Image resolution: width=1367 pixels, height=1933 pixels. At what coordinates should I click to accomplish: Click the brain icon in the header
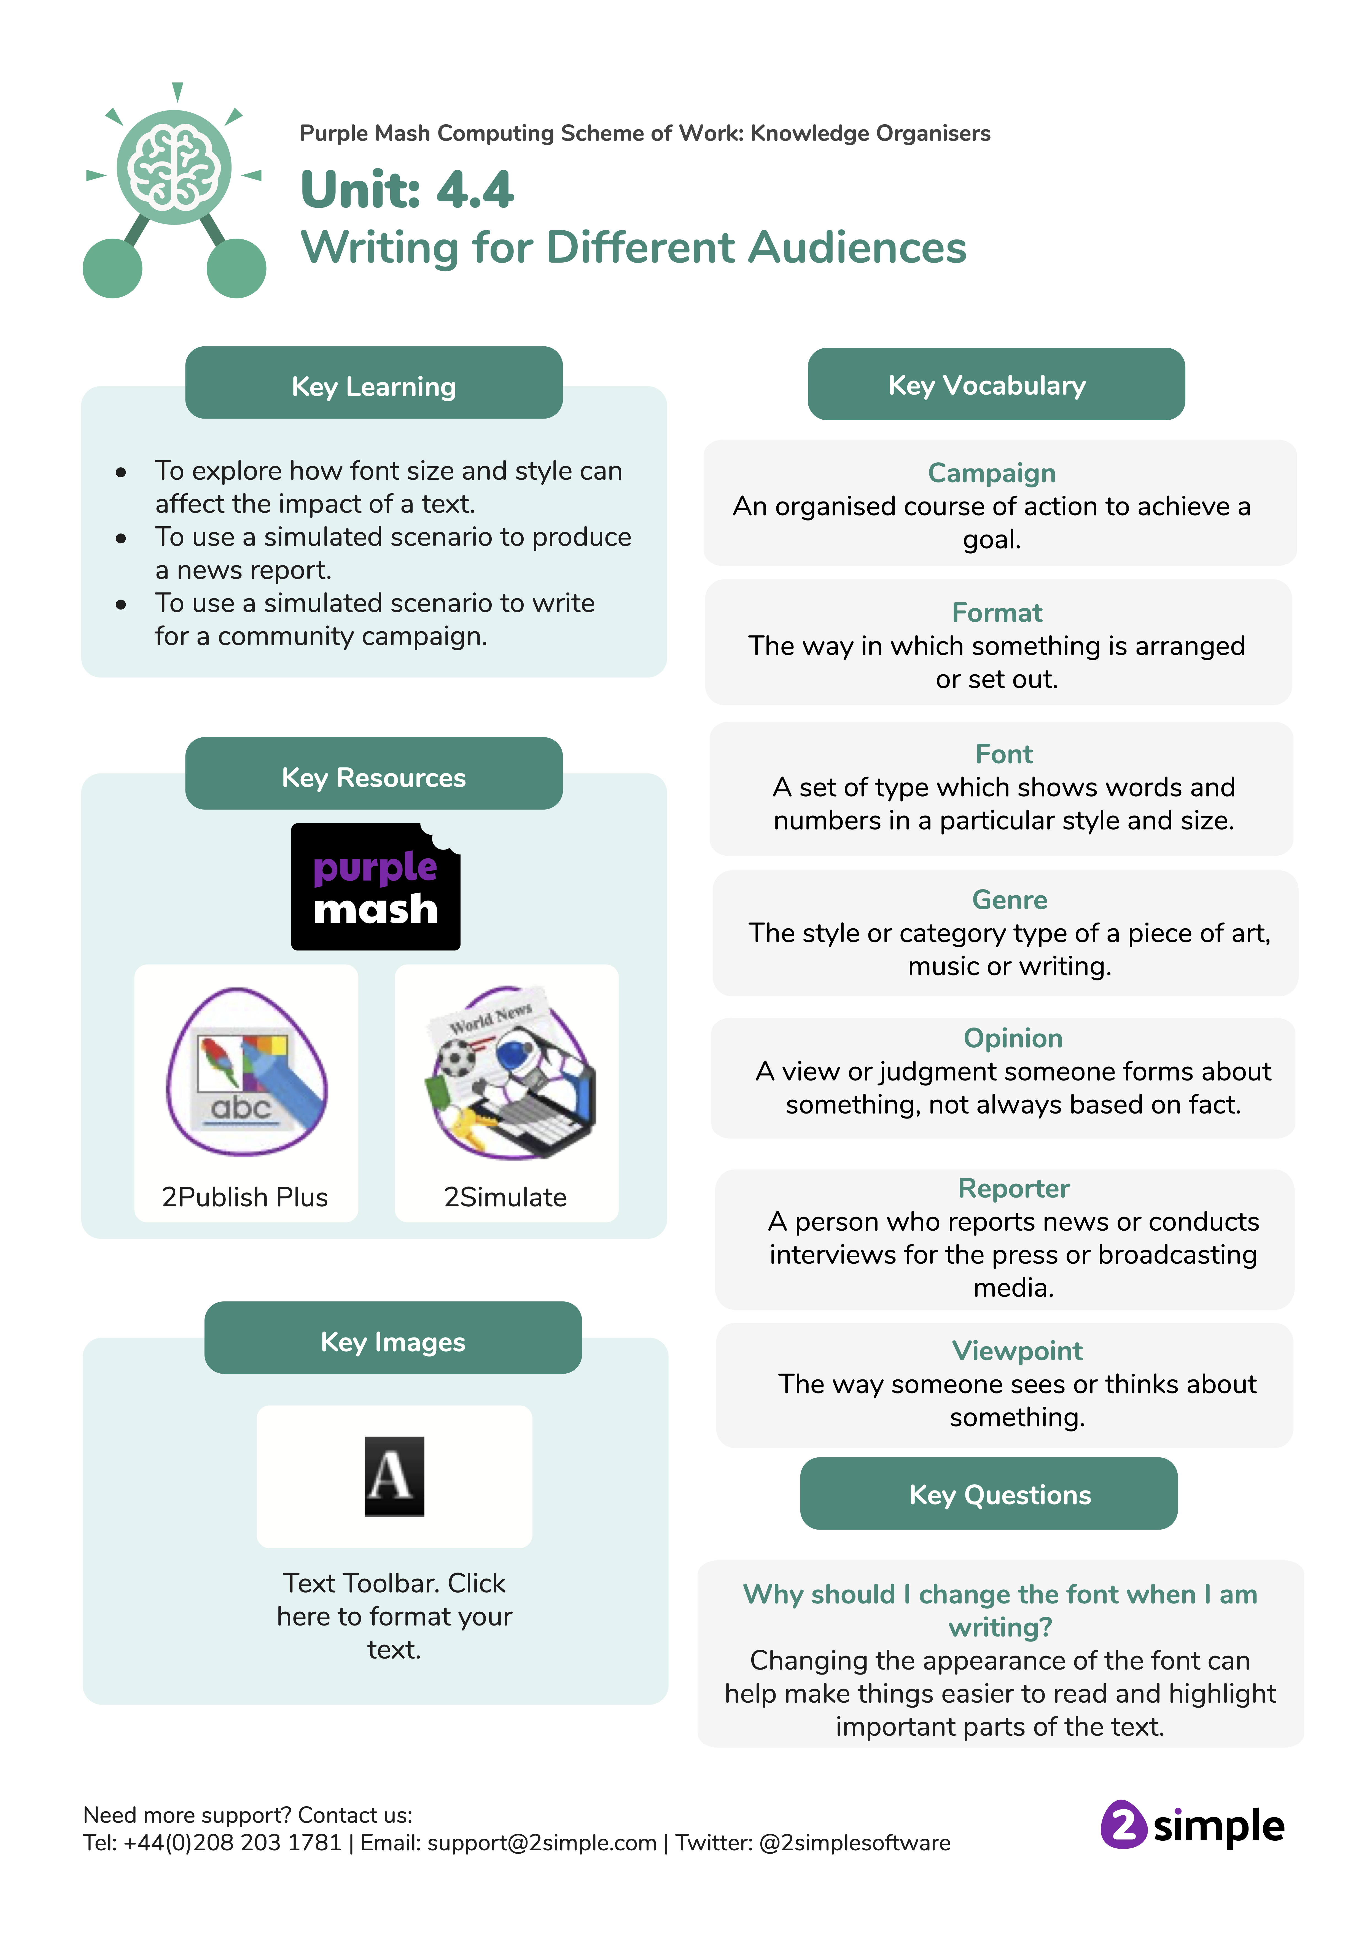[x=174, y=168]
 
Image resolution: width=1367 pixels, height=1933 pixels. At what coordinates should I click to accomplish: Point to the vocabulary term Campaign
[x=991, y=473]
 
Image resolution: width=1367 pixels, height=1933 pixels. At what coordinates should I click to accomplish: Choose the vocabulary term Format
[x=996, y=613]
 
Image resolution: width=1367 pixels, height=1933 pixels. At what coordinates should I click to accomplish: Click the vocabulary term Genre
[x=1009, y=900]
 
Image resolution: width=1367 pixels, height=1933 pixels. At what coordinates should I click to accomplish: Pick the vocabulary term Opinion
[x=1012, y=1038]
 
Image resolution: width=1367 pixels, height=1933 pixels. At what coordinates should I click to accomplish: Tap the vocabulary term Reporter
[x=1013, y=1188]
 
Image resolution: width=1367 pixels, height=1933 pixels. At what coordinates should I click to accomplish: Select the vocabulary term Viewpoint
[x=1017, y=1350]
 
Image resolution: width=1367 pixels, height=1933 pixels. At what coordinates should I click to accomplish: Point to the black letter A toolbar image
[x=394, y=1476]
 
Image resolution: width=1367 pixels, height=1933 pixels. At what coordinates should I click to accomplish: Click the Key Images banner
[x=392, y=1341]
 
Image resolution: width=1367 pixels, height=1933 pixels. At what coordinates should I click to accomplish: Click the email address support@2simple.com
[x=542, y=1843]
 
